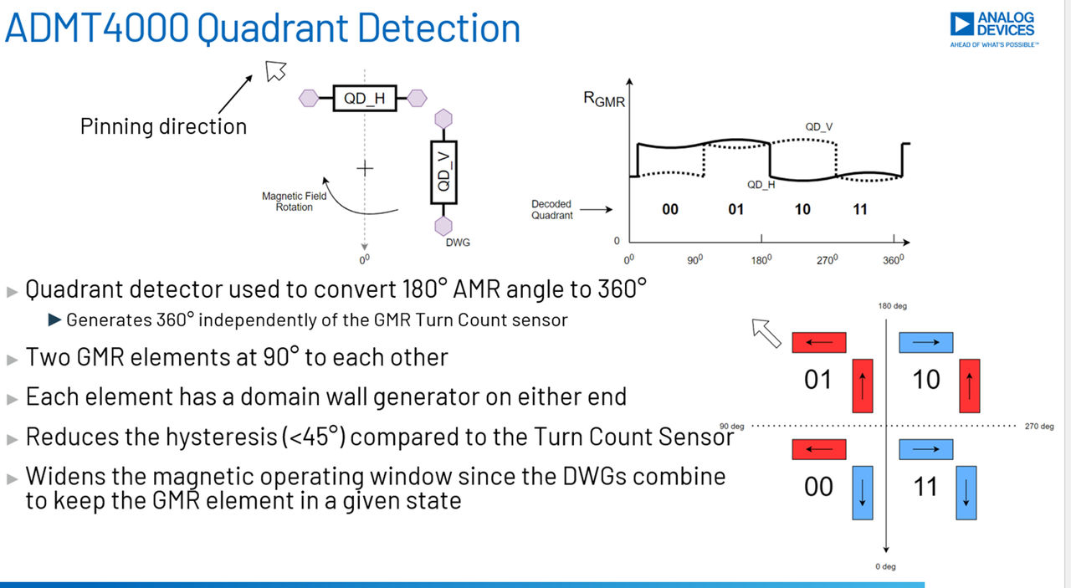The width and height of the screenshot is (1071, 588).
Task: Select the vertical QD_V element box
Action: [x=443, y=171]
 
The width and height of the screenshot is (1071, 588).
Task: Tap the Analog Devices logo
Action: [x=993, y=28]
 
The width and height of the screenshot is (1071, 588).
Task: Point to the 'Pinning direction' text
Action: [x=163, y=127]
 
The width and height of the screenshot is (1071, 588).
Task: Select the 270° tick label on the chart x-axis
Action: [x=828, y=260]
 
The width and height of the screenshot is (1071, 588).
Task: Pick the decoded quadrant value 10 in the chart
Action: [x=802, y=209]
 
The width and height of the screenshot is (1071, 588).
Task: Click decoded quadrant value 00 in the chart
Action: [x=670, y=209]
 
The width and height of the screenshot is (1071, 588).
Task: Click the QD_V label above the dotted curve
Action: [x=818, y=127]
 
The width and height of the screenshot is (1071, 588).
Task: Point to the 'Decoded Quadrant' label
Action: [x=552, y=210]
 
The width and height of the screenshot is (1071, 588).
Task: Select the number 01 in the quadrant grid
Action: [x=817, y=381]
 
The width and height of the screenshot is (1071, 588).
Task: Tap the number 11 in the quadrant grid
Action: [x=925, y=487]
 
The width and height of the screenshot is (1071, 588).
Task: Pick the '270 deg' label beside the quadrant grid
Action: [x=1038, y=426]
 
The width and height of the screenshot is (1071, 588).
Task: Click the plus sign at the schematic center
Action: [x=364, y=168]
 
